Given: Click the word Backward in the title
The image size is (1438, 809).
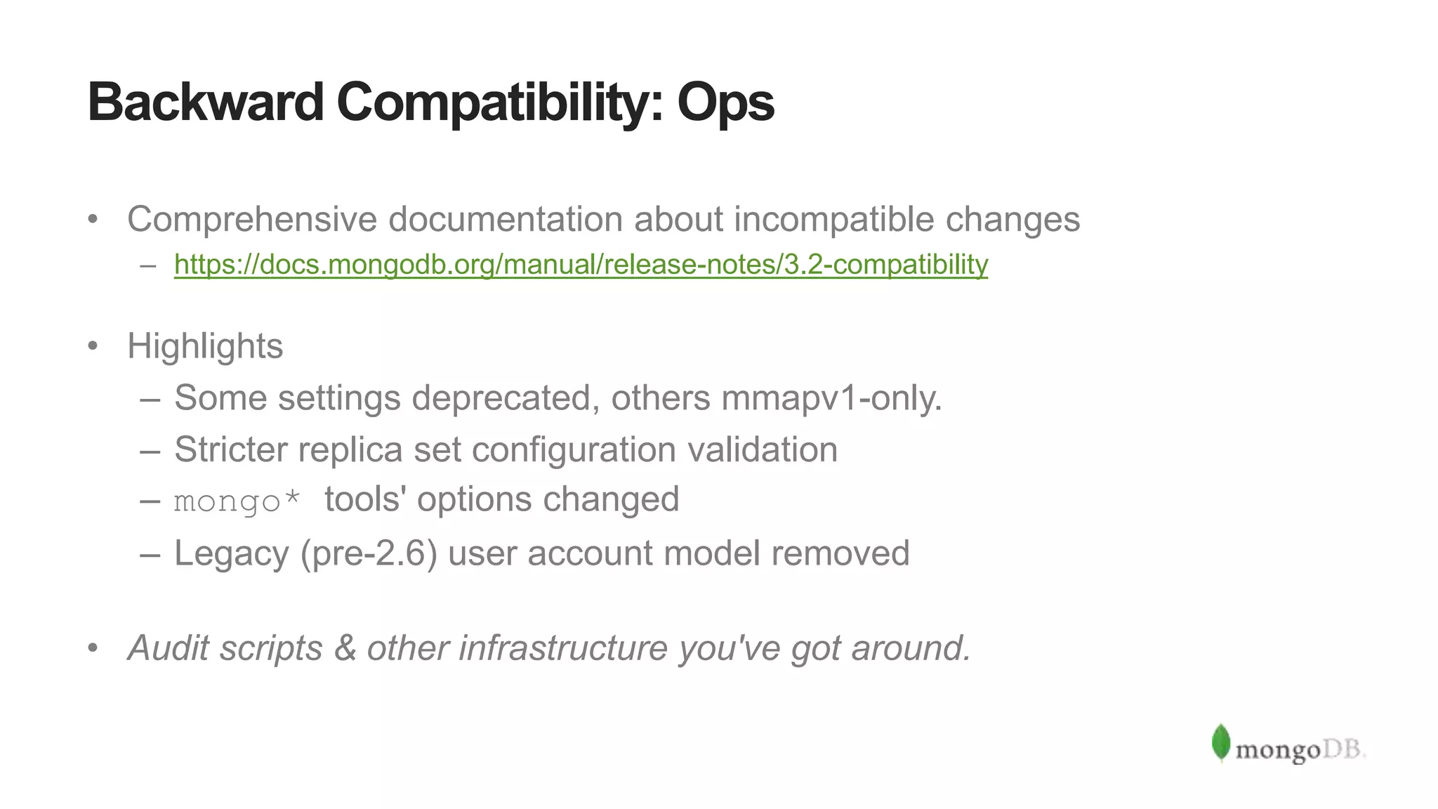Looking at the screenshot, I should pyautogui.click(x=205, y=103).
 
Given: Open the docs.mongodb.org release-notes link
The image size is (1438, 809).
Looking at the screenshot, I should pyautogui.click(x=581, y=265).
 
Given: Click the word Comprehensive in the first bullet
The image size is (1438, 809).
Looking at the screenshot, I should pyautogui.click(x=252, y=220).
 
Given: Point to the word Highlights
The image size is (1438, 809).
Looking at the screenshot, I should pyautogui.click(x=205, y=346).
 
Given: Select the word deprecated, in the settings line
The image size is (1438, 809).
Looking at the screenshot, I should pyautogui.click(x=506, y=398).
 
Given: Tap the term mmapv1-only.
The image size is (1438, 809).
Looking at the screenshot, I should pyautogui.click(x=831, y=398).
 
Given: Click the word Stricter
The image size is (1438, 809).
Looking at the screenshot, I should pyautogui.click(x=230, y=449).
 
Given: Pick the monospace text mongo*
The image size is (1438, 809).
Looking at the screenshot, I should pyautogui.click(x=237, y=501).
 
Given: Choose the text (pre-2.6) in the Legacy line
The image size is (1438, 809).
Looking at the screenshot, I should pyautogui.click(x=369, y=553).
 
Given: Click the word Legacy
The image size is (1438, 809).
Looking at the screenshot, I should pyautogui.click(x=231, y=553).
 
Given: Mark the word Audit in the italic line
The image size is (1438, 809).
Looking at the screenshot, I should pyautogui.click(x=169, y=647).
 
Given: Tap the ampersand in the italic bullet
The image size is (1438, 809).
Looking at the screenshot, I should pyautogui.click(x=345, y=647).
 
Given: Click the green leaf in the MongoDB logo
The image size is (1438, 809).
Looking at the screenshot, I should pyautogui.click(x=1221, y=742).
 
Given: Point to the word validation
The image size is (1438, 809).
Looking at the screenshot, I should pyautogui.click(x=763, y=449).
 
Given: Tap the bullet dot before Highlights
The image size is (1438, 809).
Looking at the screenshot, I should pyautogui.click(x=93, y=346).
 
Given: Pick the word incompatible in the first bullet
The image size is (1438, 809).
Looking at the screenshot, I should pyautogui.click(x=834, y=220).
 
